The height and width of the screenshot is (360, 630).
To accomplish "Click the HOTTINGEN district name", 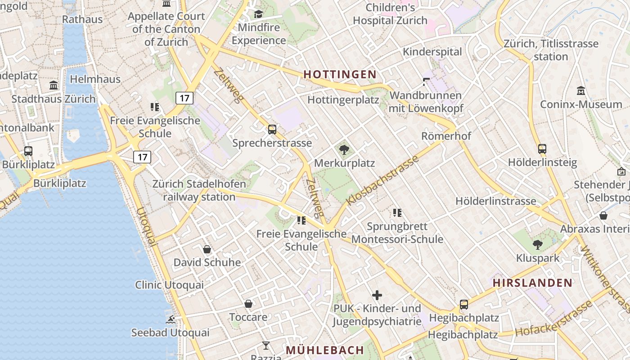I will [x=340, y=74].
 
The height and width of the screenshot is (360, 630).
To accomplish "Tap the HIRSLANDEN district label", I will [x=532, y=283].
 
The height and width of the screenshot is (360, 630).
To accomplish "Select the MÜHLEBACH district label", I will [x=325, y=350].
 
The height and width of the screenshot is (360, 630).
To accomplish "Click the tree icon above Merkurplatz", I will [x=344, y=149].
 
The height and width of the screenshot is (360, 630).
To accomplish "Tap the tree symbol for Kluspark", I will [x=537, y=245].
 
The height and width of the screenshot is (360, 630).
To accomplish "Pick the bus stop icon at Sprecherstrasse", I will [x=272, y=130].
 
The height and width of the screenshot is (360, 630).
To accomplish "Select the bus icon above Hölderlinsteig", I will [x=542, y=149].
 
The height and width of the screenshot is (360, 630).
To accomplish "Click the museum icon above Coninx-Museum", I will [x=581, y=91].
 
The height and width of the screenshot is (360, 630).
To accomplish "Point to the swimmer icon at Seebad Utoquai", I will [x=171, y=319].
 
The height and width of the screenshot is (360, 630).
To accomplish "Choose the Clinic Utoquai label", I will [x=169, y=285].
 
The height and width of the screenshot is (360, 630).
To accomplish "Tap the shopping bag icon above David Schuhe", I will [x=207, y=249].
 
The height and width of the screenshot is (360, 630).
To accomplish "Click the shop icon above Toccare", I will [x=248, y=304].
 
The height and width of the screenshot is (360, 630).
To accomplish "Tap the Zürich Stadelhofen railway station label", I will [x=199, y=190].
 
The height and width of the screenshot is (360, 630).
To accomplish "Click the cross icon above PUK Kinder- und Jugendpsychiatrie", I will [x=377, y=295].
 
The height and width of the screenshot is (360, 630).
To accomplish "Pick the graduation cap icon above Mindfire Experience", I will [x=258, y=14].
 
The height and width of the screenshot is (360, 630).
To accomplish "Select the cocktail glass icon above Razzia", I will [x=266, y=346].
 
